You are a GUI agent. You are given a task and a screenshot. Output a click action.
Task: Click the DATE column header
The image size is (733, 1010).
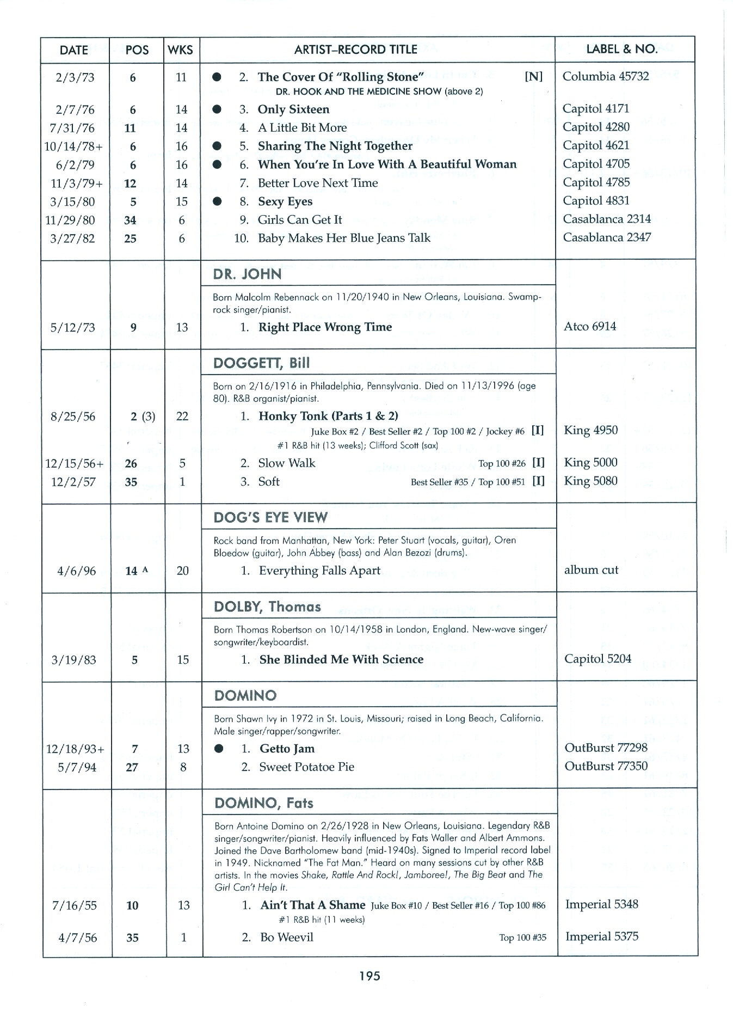73,50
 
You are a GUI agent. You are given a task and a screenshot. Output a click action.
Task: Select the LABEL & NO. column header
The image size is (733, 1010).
621,49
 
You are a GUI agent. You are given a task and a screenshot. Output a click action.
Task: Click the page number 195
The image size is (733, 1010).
369,976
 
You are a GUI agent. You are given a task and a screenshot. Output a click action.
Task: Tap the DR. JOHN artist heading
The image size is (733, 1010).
248,274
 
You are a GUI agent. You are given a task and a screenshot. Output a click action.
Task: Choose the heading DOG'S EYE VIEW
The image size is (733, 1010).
270,517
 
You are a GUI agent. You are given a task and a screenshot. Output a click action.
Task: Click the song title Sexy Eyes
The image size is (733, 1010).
285,201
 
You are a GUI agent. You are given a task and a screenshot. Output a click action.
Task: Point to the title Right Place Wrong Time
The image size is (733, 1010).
325,327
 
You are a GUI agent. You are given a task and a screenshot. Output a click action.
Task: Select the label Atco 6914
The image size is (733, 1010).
590,327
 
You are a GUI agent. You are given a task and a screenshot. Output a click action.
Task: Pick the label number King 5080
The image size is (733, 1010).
590,481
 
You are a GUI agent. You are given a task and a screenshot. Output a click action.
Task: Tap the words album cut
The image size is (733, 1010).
591,570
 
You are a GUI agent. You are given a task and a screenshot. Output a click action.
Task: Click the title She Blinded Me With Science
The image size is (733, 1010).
341,659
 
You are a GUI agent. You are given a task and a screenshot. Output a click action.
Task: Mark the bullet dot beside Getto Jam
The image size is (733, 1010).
219,749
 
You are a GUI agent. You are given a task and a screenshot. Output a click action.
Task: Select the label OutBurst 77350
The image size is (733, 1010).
606,767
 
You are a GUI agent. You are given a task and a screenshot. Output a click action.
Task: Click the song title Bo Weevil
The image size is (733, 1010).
286,938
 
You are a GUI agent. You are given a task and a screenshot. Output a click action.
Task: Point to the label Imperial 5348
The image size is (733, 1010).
601,904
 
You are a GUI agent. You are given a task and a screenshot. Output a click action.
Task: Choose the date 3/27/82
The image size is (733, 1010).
72,239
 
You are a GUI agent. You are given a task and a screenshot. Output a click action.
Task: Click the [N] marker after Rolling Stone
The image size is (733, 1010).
533,77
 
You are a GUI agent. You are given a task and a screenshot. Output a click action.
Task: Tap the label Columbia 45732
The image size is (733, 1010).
605,76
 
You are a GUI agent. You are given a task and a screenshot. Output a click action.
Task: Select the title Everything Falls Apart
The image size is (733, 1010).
319,571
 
